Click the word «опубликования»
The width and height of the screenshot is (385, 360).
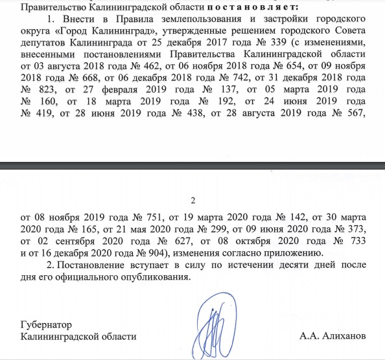tap(158, 278)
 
